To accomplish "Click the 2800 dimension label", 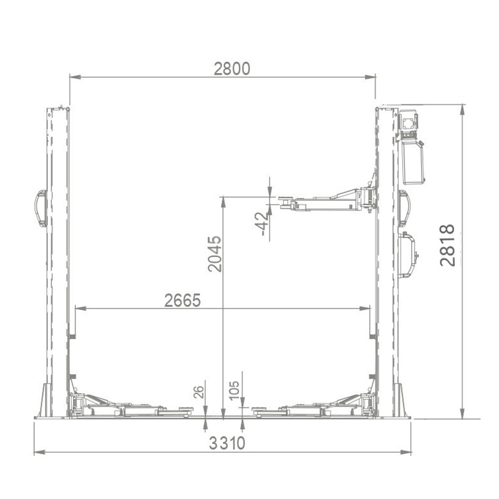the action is [231, 69].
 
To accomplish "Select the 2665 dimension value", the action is [182, 300].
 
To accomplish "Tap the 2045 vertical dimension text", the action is [215, 254].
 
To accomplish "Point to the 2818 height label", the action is [447, 245].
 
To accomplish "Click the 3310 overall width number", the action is [227, 443].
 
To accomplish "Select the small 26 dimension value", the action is [198, 392].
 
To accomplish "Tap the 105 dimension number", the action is [234, 390].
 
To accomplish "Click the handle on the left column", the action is [41, 208].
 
